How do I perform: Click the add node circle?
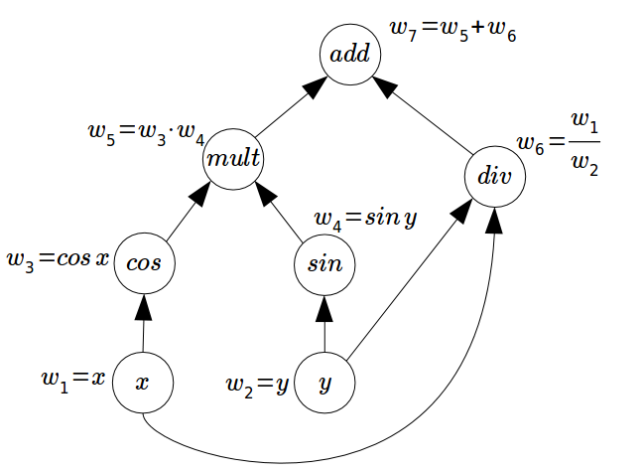pyautogui.click(x=349, y=54)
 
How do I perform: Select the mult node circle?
pyautogui.click(x=234, y=157)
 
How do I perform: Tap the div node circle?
pyautogui.click(x=493, y=179)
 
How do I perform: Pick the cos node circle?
pyautogui.click(x=145, y=263)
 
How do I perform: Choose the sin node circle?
pyautogui.click(x=324, y=264)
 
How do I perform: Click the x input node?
pyautogui.click(x=143, y=383)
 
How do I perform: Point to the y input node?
pyautogui.click(x=324, y=383)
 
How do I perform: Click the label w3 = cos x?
pyautogui.click(x=57, y=261)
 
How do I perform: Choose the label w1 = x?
pyautogui.click(x=72, y=379)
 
